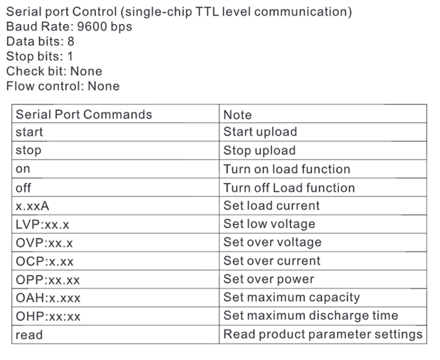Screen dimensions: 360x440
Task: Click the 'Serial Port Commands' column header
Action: [x=84, y=114]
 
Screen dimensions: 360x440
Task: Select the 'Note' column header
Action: [x=237, y=114]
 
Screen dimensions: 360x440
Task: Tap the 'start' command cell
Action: [x=29, y=132]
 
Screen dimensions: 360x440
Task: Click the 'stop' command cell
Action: [x=28, y=151]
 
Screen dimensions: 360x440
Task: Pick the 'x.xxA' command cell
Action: [x=32, y=206]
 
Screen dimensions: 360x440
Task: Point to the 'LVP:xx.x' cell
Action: [x=43, y=224]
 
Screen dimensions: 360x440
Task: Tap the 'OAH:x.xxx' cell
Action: [x=48, y=298]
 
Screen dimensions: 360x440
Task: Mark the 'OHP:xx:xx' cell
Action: [x=48, y=317]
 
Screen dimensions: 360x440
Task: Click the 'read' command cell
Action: [x=29, y=334]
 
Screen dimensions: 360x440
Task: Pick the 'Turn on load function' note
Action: [x=286, y=169]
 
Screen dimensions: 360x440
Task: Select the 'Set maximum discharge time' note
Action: [x=311, y=316]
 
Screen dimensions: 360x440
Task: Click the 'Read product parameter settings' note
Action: [x=323, y=334]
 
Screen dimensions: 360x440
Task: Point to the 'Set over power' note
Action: [x=269, y=279]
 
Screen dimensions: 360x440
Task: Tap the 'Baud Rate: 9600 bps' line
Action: [x=69, y=27]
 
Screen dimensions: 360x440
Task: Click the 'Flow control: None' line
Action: [x=63, y=86]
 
